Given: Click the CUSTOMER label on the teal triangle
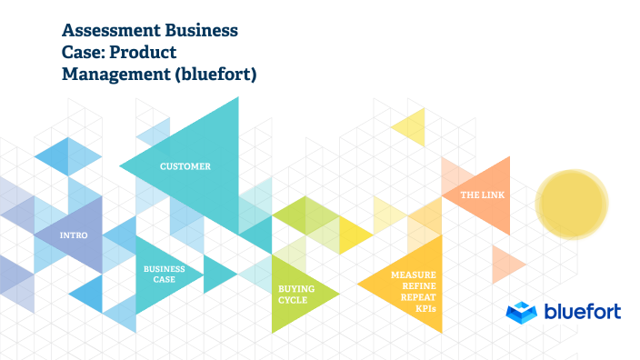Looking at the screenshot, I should point(185,166).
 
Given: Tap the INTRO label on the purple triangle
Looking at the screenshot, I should point(73,235).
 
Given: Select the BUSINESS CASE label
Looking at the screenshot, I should point(164,274).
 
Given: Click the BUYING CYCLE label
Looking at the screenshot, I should point(296,294).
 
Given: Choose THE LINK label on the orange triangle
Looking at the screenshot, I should point(483,195).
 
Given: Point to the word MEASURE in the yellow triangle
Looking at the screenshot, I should point(413,274).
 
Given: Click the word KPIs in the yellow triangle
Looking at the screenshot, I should point(425,309).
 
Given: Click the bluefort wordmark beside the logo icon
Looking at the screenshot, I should point(582,312).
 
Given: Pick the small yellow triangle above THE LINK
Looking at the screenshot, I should point(411,125).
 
